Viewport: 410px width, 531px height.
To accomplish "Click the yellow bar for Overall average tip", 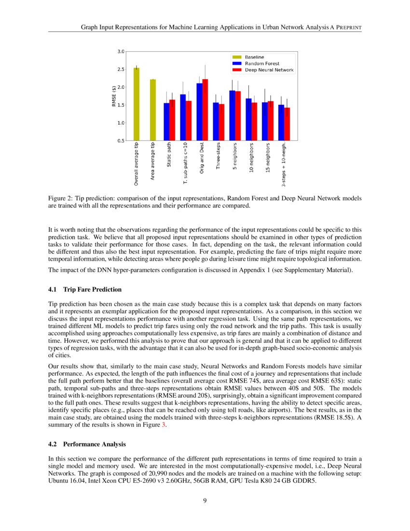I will click(137, 104).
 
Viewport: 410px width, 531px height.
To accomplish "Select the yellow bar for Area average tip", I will click(153, 110).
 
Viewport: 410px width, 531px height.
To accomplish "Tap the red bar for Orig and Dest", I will click(205, 110).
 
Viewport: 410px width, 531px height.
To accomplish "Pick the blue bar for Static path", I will click(166, 122).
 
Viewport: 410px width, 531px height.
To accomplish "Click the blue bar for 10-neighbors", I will click(248, 119).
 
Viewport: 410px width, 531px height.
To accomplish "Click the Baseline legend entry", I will click(254, 57).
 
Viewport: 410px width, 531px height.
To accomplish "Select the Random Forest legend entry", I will click(262, 63).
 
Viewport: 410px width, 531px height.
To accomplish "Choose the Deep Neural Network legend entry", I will click(269, 70).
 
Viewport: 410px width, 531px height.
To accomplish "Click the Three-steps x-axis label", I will click(218, 155).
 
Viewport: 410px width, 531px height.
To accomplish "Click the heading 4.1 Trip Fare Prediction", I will click(85, 290).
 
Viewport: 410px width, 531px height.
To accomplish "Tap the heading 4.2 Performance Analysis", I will click(87, 444).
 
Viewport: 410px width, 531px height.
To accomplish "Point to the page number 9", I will click(205, 500).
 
